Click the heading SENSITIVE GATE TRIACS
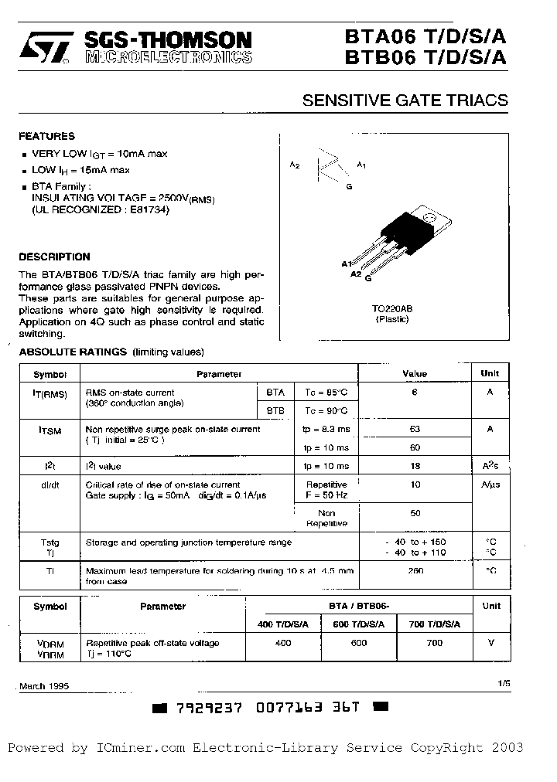(x=405, y=100)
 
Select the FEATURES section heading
(x=46, y=136)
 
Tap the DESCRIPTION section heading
(x=54, y=257)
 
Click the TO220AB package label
(x=392, y=308)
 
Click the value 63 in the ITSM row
(x=415, y=429)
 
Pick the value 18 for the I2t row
(x=415, y=466)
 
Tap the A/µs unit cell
(x=490, y=484)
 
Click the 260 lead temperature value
(x=415, y=571)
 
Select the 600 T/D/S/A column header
(x=359, y=624)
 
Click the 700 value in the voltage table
(x=434, y=643)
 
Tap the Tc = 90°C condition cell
(x=326, y=410)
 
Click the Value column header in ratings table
(x=415, y=374)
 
